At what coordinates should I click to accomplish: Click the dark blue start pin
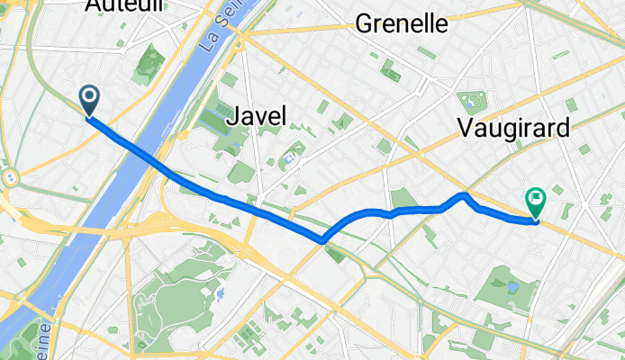click(90, 99)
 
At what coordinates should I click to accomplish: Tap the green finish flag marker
click(536, 202)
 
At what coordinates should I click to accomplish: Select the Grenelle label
click(402, 24)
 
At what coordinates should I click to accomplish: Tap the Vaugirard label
click(513, 128)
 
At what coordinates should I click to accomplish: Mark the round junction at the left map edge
click(9, 177)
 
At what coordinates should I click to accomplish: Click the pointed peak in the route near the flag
click(464, 193)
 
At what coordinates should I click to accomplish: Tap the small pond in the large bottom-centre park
click(219, 293)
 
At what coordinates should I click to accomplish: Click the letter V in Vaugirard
click(465, 128)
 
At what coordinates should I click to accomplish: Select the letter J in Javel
click(237, 115)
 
